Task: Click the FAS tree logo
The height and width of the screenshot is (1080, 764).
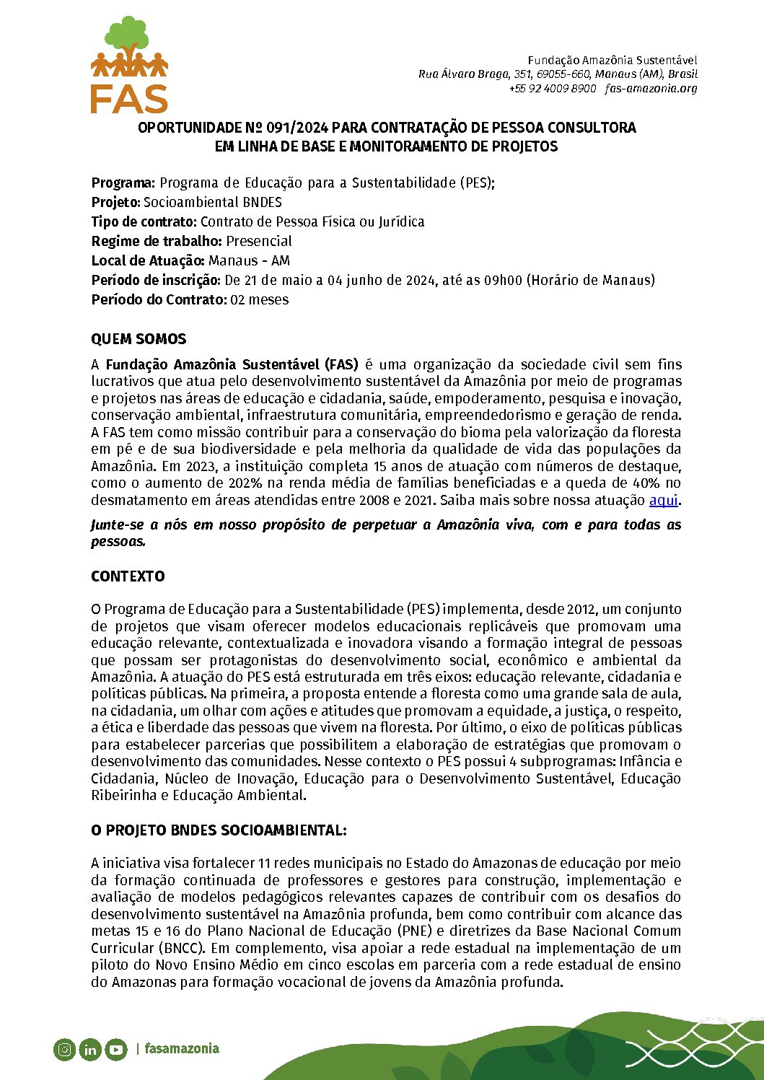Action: [129, 65]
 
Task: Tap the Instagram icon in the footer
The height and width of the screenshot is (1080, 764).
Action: [64, 1050]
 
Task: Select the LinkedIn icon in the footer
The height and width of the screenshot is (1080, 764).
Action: [89, 1050]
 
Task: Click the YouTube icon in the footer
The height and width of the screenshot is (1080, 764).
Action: [115, 1050]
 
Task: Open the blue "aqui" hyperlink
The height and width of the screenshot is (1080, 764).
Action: [663, 500]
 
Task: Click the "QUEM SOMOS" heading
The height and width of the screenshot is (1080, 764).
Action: [139, 339]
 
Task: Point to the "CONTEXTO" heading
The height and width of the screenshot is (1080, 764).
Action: [128, 576]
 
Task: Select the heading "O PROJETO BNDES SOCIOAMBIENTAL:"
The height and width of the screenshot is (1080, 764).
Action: [219, 830]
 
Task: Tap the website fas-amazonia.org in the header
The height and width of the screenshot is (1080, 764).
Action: [651, 88]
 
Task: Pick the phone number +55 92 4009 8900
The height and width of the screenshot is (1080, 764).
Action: [553, 88]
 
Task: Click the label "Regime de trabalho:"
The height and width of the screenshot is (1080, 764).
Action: [157, 242]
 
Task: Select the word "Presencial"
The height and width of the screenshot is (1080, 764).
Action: [259, 242]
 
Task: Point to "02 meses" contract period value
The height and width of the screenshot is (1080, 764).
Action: [260, 300]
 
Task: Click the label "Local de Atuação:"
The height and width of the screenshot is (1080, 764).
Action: [148, 261]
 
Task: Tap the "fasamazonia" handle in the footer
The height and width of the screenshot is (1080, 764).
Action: [181, 1049]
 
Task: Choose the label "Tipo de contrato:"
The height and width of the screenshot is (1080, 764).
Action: [144, 222]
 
